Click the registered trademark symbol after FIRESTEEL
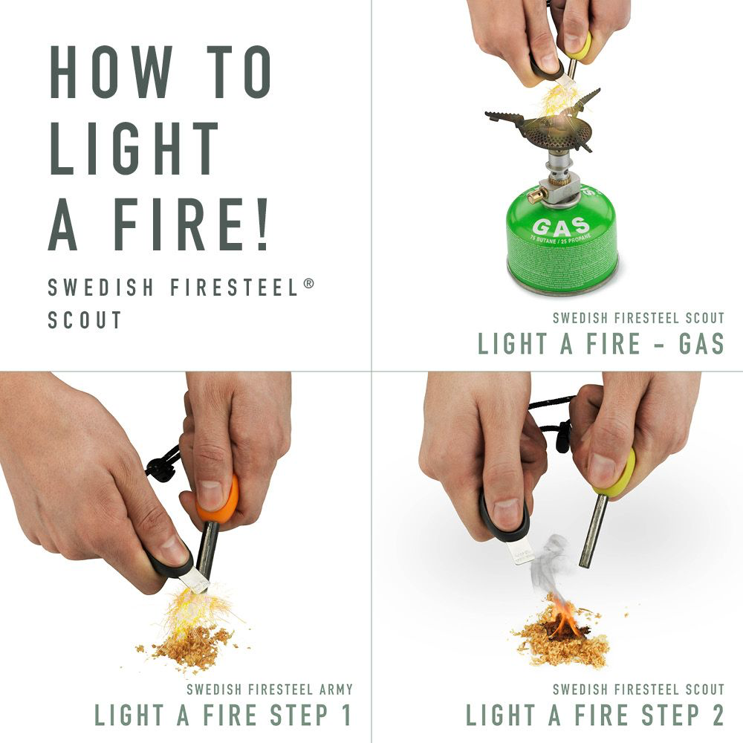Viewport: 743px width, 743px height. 308,282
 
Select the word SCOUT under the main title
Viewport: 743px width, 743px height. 85,320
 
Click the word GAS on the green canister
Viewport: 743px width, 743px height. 560,226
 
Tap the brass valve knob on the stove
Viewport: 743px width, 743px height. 533,196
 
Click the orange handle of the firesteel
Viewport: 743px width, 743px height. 221,499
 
